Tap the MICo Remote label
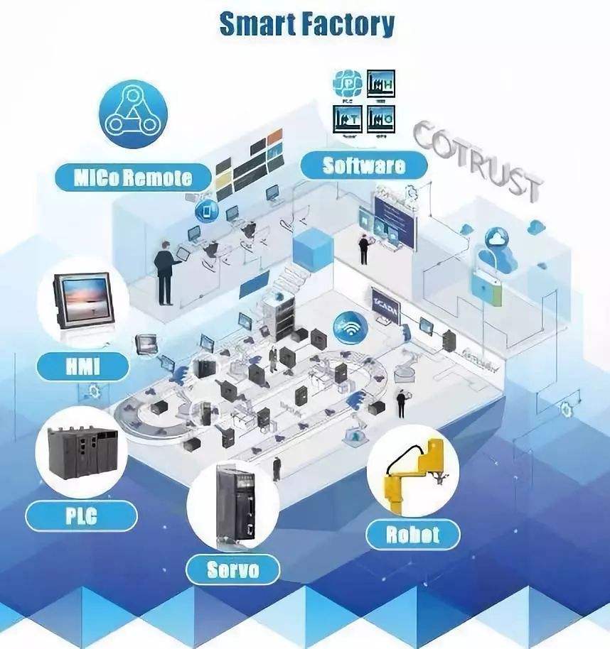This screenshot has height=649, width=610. click(134, 177)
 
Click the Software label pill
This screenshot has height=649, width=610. click(364, 166)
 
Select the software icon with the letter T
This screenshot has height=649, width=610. click(348, 119)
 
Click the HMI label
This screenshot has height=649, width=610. click(83, 366)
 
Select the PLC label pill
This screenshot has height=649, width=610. click(81, 516)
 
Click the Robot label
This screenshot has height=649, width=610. click(412, 534)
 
